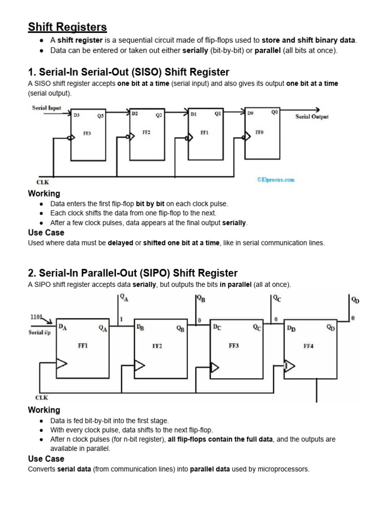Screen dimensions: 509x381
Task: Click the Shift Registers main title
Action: [67, 27]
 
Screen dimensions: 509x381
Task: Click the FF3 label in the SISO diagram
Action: [87, 134]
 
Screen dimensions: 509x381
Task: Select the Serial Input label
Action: [47, 108]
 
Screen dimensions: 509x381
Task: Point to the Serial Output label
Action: [312, 117]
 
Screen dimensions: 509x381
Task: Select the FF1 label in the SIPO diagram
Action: [83, 346]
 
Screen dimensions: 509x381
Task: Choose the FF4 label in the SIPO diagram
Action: [309, 346]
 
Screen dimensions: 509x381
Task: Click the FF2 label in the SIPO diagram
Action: [157, 346]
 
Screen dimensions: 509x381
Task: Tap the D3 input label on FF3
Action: [76, 115]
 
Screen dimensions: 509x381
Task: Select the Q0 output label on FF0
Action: [275, 112]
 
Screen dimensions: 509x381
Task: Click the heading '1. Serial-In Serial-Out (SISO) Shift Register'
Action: [129, 73]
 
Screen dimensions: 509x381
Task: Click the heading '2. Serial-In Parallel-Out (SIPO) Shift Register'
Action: [133, 273]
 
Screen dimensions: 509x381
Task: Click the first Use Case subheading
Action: [46, 232]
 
